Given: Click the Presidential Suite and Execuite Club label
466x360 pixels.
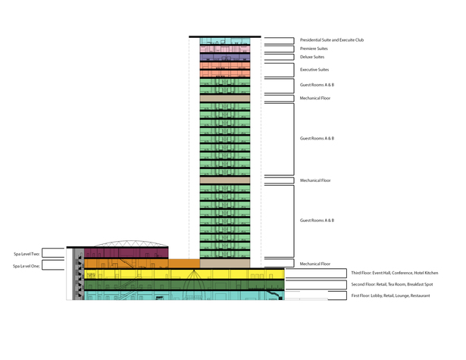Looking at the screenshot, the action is (x=332, y=40).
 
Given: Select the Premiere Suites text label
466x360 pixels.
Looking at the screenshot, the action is (x=314, y=49).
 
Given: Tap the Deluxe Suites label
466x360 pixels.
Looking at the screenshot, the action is (x=312, y=57).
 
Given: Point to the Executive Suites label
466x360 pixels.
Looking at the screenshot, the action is (x=314, y=70).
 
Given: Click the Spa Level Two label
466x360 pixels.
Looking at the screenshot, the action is (x=27, y=254).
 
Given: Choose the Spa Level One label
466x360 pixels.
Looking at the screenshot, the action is (x=27, y=266).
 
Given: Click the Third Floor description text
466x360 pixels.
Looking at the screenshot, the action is (x=395, y=273).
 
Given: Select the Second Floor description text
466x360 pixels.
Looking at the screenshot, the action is (x=392, y=284).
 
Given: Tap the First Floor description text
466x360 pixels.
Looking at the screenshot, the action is (x=390, y=296).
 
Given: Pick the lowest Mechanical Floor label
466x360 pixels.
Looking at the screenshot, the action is (x=315, y=264).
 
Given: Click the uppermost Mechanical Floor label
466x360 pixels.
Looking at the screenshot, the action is (x=315, y=98).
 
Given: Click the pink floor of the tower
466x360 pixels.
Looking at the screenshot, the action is (x=225, y=49).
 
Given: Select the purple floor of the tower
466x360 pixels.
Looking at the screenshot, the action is (x=225, y=57).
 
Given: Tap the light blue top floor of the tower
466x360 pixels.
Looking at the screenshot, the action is (x=225, y=41).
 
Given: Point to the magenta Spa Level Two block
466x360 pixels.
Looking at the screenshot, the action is (x=127, y=253).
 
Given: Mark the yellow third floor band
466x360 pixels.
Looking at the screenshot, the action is (x=184, y=274).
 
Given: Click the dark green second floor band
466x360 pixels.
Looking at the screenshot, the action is (x=184, y=285).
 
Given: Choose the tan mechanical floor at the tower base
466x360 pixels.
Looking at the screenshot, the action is (x=225, y=263).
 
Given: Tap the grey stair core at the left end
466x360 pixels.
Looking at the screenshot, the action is (x=79, y=274).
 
